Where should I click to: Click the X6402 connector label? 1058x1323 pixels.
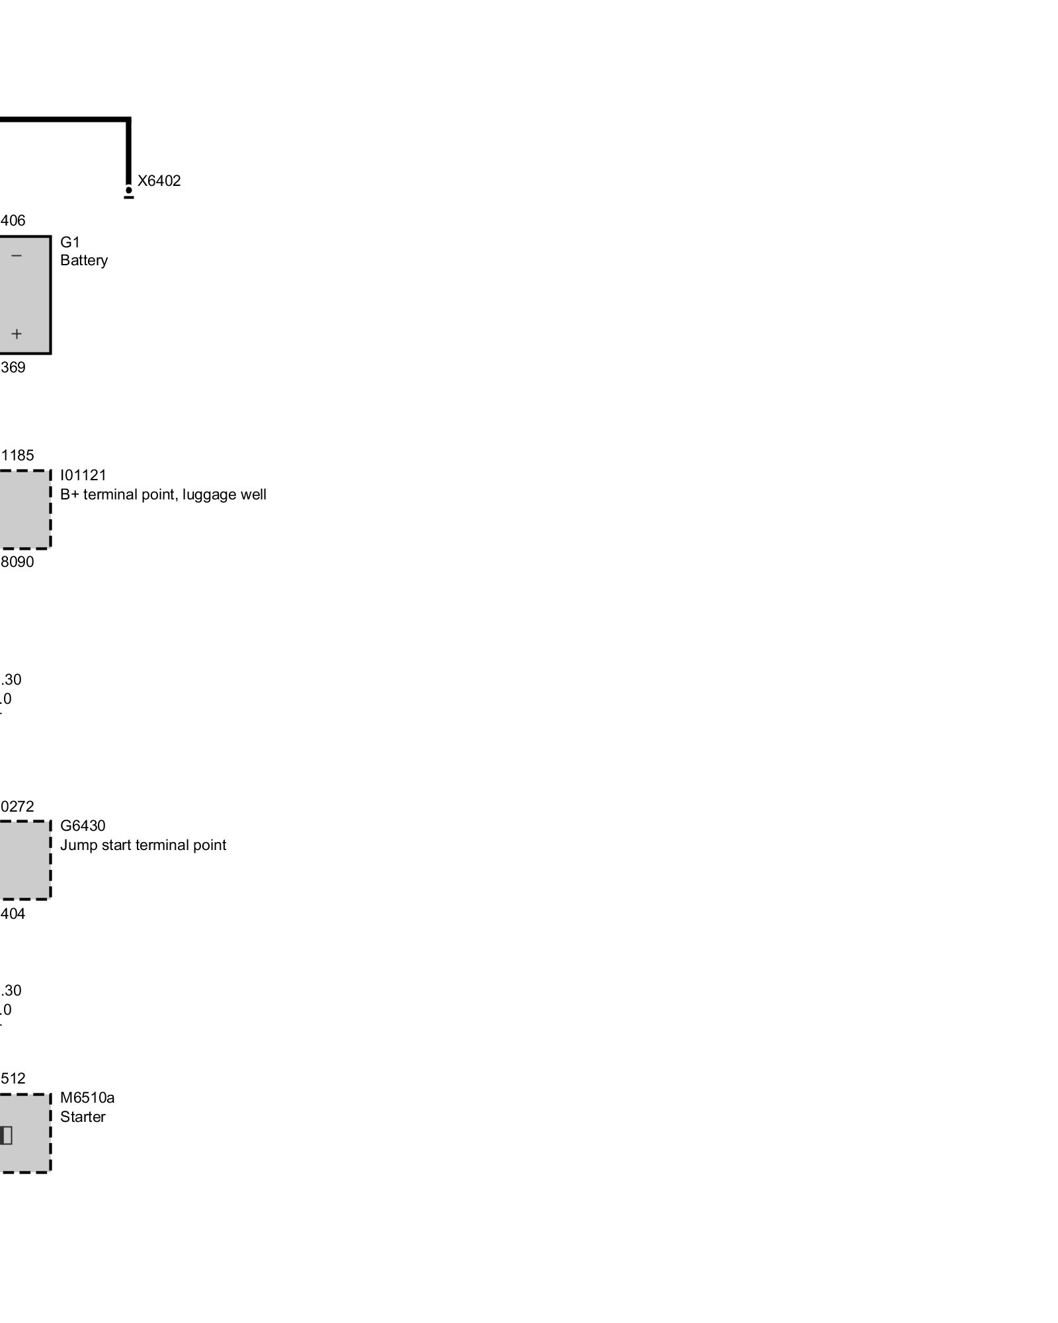tap(159, 181)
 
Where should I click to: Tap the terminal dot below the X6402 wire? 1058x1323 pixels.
tap(129, 191)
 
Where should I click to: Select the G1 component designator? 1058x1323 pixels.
tap(70, 242)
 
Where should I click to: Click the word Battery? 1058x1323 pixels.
tap(84, 261)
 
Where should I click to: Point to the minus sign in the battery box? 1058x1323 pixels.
tap(17, 256)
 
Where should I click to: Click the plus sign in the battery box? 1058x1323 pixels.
tap(17, 334)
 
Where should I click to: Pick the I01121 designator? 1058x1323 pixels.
tap(83, 476)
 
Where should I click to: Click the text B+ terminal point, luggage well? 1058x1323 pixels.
tap(163, 495)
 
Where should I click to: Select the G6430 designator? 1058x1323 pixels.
tap(83, 826)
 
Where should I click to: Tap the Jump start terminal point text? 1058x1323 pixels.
tap(143, 845)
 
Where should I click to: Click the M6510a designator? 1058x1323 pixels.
tap(87, 1098)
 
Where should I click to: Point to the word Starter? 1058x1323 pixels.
tap(83, 1117)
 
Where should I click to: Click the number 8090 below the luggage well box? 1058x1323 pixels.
tap(17, 562)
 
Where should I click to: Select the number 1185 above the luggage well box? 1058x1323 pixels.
tap(18, 456)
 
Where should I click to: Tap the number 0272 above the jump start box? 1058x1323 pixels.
tap(18, 807)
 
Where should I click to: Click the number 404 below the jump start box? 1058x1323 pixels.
tap(13, 914)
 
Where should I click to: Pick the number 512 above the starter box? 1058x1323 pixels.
tap(13, 1079)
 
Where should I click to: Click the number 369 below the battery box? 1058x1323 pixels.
tap(13, 368)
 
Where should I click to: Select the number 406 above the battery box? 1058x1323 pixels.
tap(13, 221)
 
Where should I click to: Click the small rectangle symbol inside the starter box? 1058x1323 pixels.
tap(6, 1136)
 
